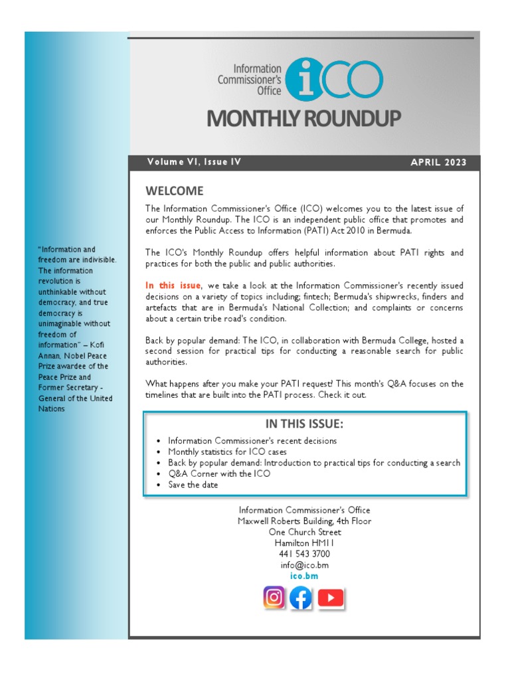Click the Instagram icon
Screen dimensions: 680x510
pos(274,598)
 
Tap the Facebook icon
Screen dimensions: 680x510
pos(301,598)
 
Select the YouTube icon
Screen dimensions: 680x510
pos(330,598)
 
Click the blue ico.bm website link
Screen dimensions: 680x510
pos(305,576)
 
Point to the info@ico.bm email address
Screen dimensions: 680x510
pos(305,565)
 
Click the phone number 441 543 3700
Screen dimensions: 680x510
pos(305,554)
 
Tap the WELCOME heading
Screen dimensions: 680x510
pos(175,191)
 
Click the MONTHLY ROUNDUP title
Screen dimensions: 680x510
pos(304,119)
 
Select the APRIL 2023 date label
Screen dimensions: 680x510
pos(438,163)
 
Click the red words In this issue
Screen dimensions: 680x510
pos(173,286)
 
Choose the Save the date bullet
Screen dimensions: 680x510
pos(193,485)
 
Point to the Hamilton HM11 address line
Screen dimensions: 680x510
pos(305,543)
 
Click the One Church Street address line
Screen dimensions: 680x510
pos(305,532)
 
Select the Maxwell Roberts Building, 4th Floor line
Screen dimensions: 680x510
pos(305,521)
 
